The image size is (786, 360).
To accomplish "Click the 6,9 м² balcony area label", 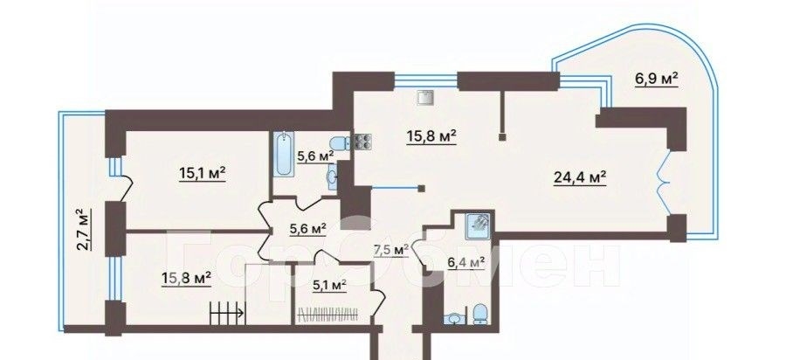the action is tap(656, 80).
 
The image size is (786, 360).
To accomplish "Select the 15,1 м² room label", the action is tap(202, 174).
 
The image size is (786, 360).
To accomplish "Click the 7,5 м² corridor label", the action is tap(391, 250).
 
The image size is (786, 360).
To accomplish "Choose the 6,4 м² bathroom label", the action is tap(466, 262).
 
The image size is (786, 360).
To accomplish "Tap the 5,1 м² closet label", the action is tap(330, 286).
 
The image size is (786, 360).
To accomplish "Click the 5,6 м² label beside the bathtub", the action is tap(315, 156).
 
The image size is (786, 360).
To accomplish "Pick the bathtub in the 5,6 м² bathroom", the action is tap(284, 154).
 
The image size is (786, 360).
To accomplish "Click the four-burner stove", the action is tap(364, 142).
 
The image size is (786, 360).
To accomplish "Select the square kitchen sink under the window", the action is tap(425, 97).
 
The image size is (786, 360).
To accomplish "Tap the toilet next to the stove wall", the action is tap(341, 143).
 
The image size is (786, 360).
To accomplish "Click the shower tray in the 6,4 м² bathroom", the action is tap(479, 225).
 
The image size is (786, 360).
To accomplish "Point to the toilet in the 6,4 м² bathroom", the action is tap(480, 314).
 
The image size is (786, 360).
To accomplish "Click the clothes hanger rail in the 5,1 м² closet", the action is tap(328, 315).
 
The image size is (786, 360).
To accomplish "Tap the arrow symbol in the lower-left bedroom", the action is tap(226, 313).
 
